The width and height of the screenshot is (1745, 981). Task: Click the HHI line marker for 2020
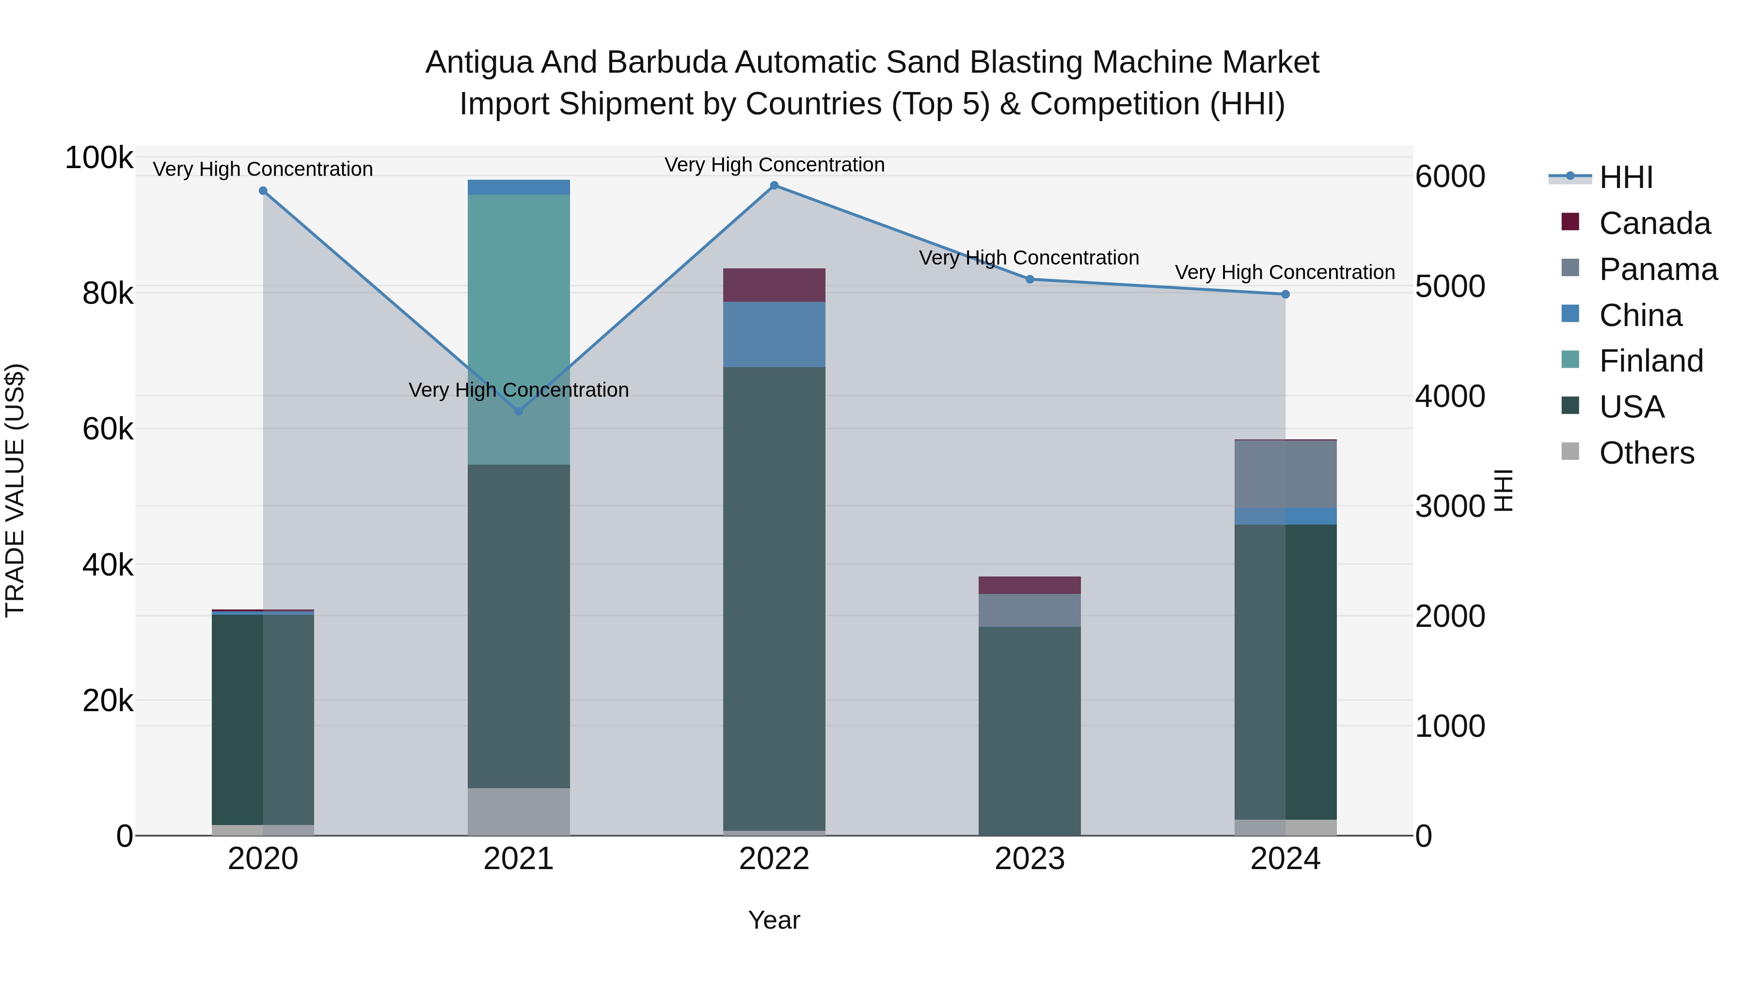263,191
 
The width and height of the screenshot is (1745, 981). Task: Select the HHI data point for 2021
519,411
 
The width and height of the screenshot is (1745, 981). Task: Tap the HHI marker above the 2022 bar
774,186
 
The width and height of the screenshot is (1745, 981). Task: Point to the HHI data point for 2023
1030,279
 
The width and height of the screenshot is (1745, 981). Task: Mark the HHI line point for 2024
1285,295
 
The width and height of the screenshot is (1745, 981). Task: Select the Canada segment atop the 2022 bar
774,285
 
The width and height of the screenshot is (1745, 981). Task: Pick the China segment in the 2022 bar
774,334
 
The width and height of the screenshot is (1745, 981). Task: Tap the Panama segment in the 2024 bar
1285,474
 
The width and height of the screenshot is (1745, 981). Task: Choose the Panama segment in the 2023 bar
1030,610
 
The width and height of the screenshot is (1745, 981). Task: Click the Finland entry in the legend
1651,361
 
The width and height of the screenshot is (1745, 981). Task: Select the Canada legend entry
1654,223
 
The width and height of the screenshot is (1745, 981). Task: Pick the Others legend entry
1646,453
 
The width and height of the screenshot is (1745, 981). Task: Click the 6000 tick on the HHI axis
1450,177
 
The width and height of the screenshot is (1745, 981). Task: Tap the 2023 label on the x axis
1030,859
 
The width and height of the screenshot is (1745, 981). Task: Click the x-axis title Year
774,920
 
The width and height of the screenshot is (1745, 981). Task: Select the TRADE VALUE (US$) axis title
15,490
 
